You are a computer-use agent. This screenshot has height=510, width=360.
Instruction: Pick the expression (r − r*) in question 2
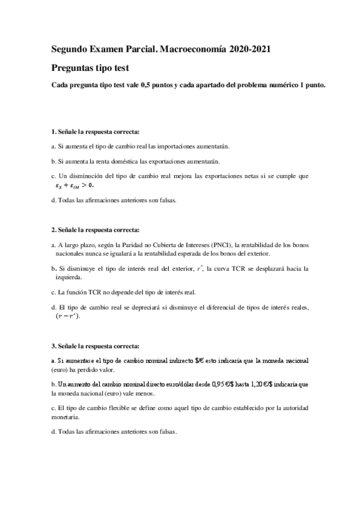(x=68, y=316)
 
